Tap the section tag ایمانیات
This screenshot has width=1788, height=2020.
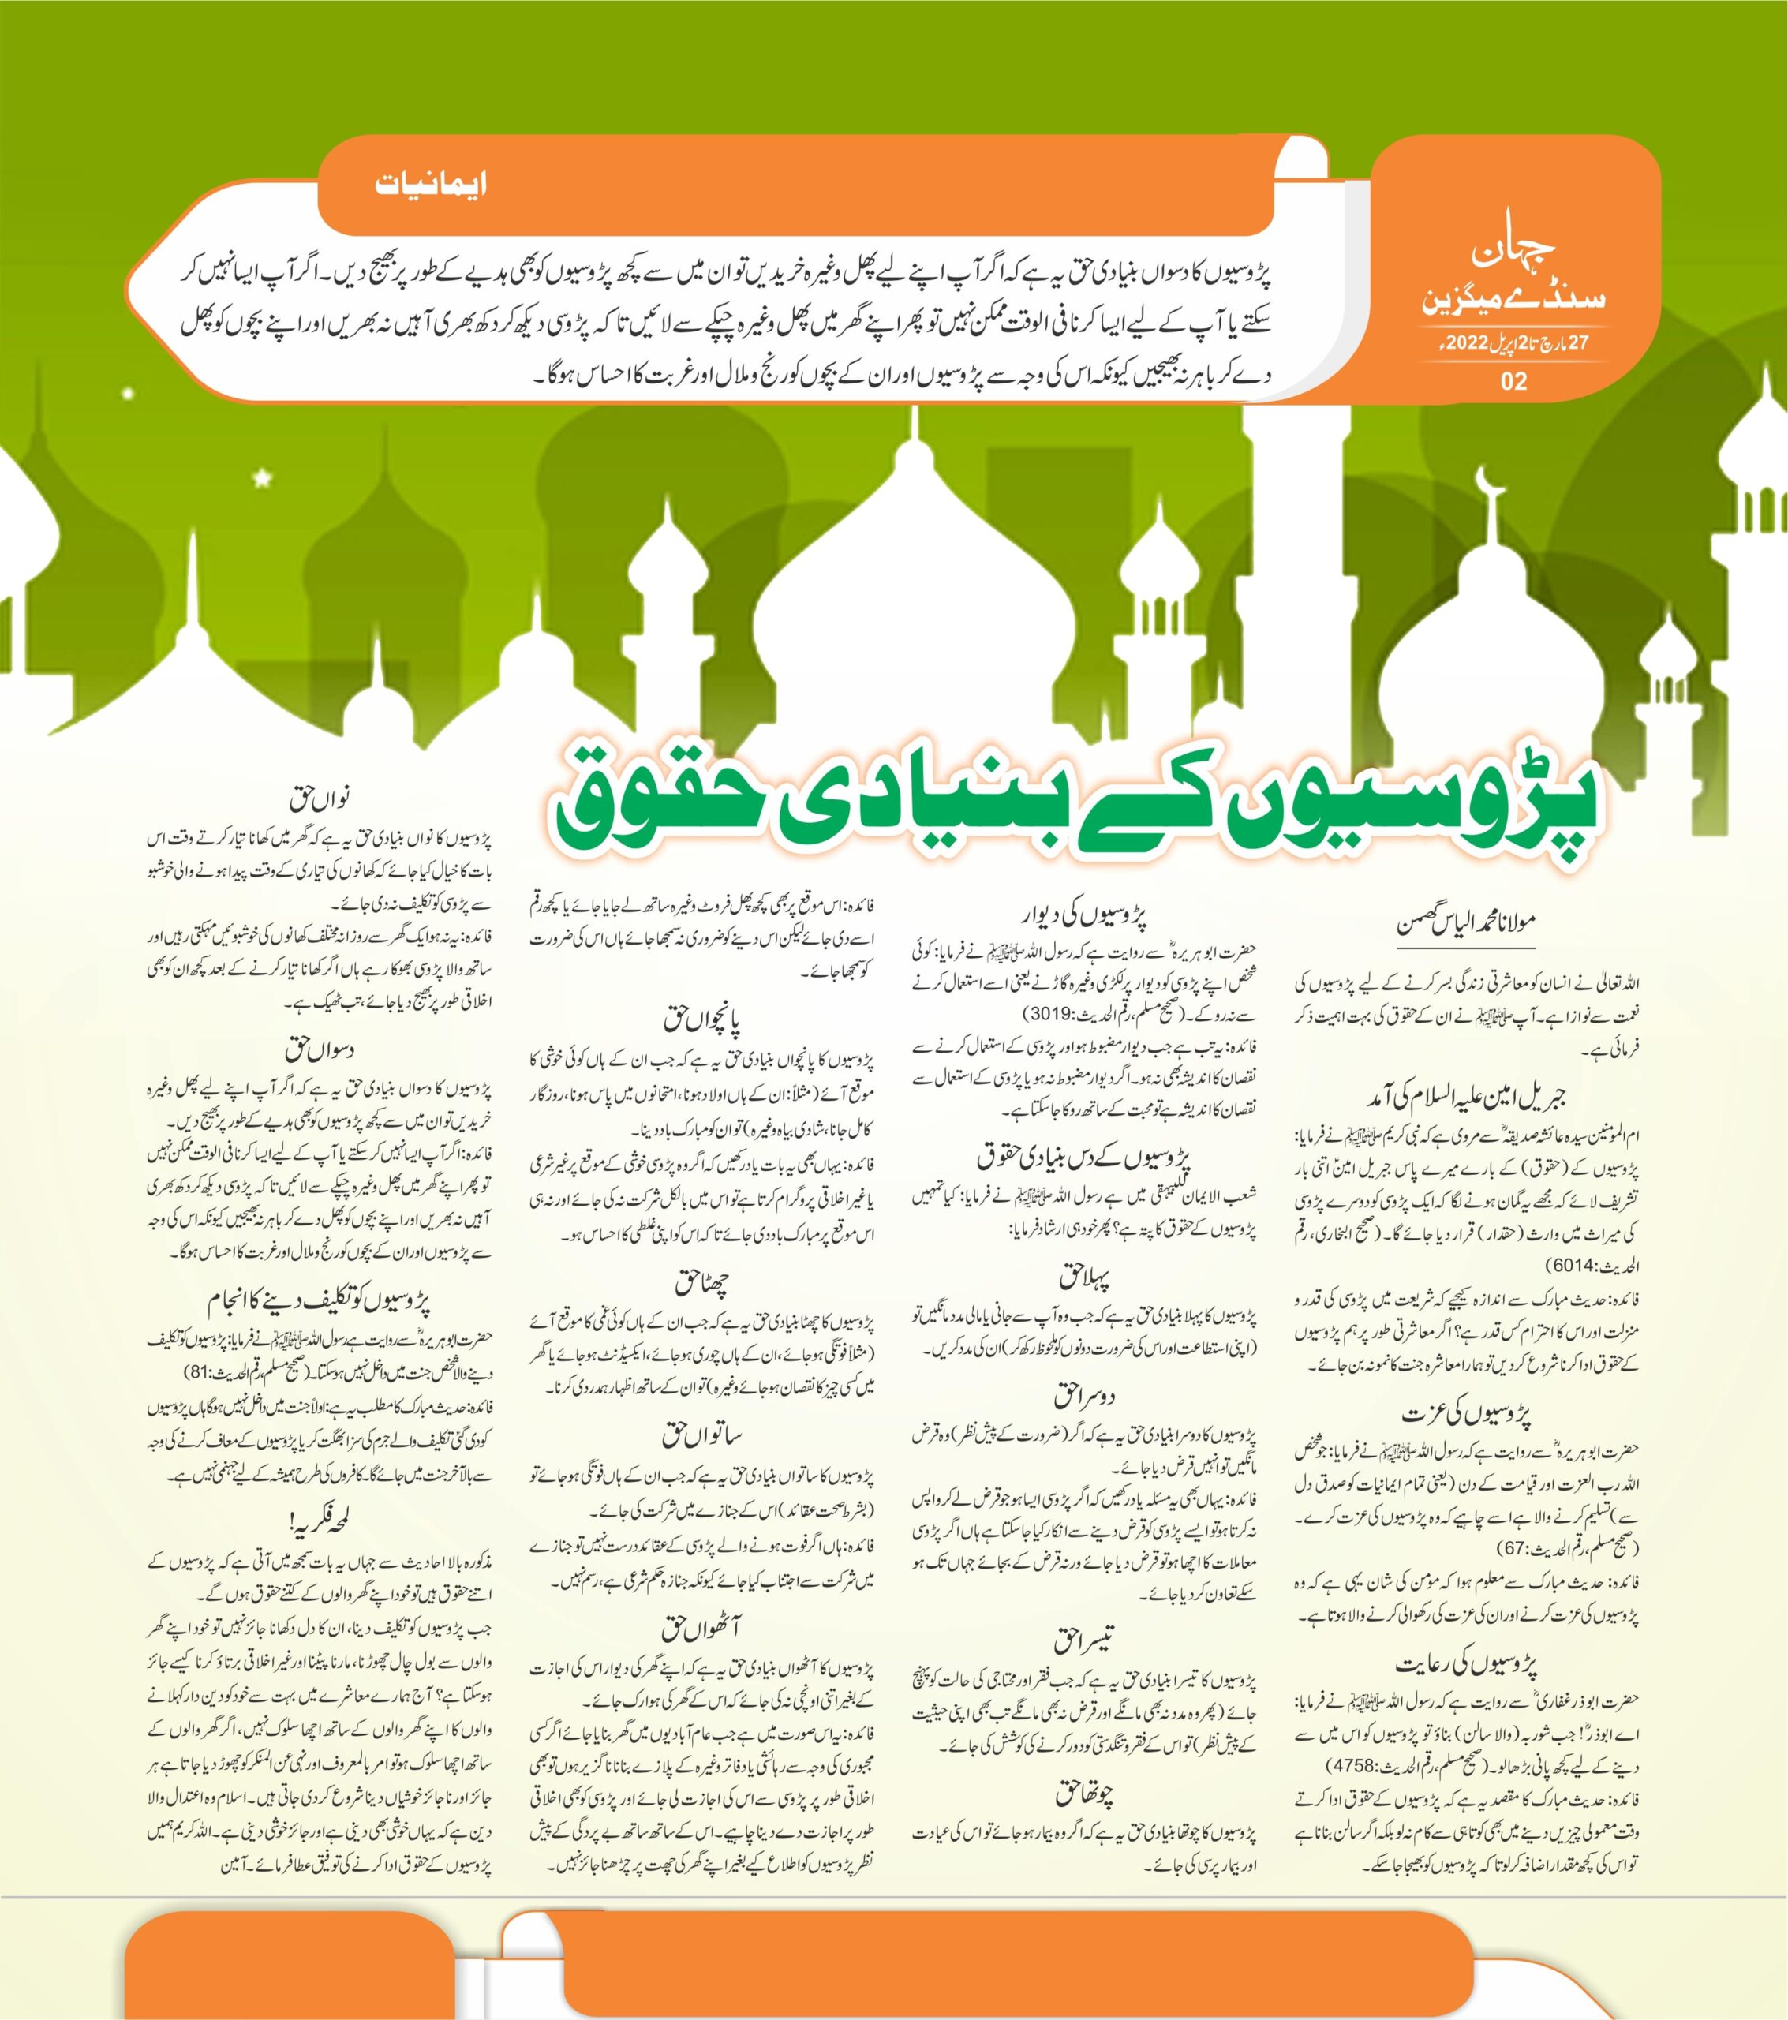[431, 185]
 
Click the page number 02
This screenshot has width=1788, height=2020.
[1513, 380]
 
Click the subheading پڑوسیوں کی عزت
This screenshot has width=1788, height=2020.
[1467, 1413]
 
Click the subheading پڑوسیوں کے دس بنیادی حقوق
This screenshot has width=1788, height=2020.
[1085, 1155]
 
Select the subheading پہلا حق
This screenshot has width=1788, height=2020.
[1085, 1277]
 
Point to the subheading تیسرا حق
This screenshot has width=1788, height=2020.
[1085, 1641]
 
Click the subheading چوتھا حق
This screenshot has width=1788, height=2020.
[1085, 1793]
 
